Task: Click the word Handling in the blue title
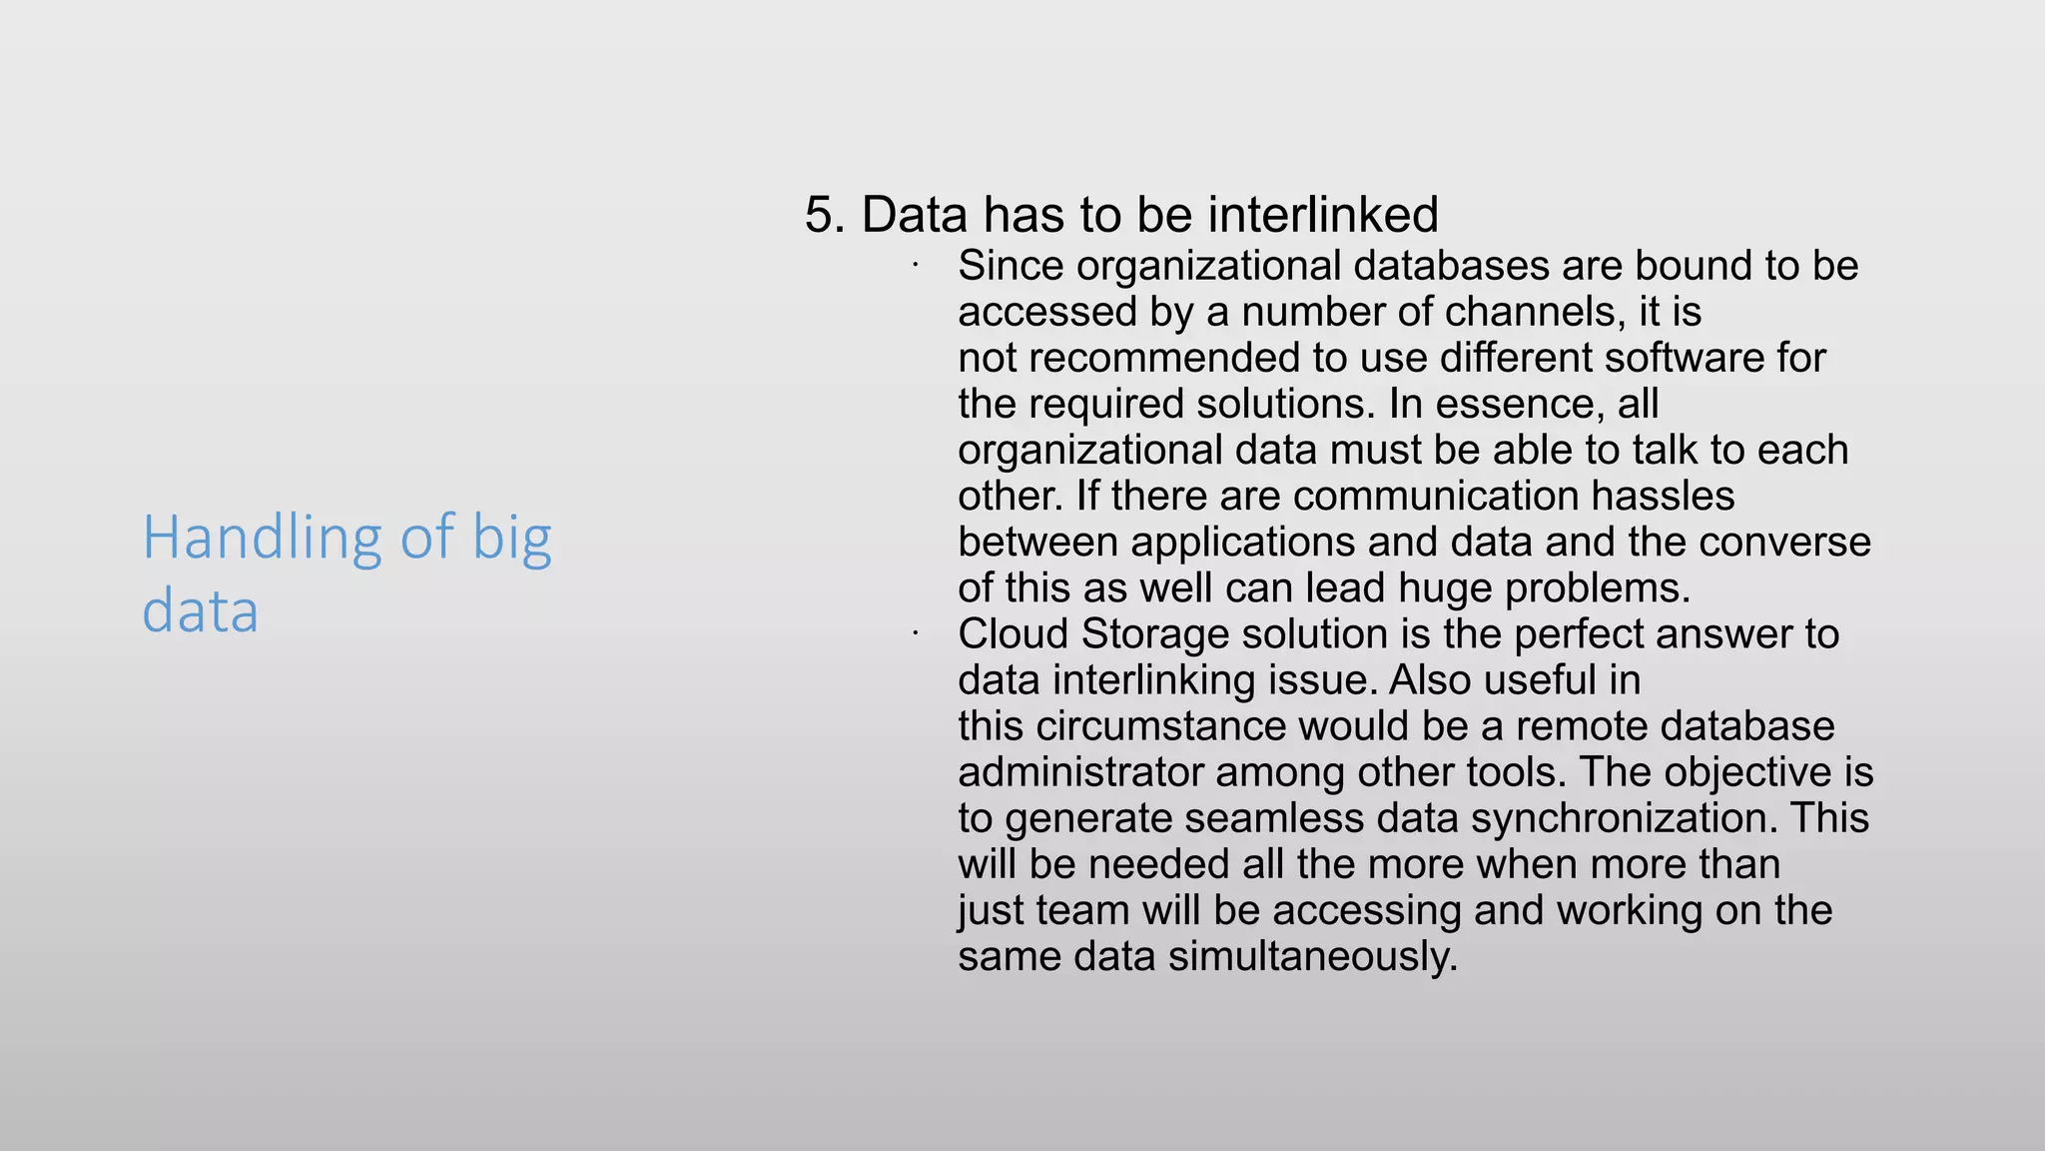coord(263,539)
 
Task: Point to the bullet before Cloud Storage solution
coord(914,633)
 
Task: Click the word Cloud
coord(1013,634)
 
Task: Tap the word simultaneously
coord(1313,956)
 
